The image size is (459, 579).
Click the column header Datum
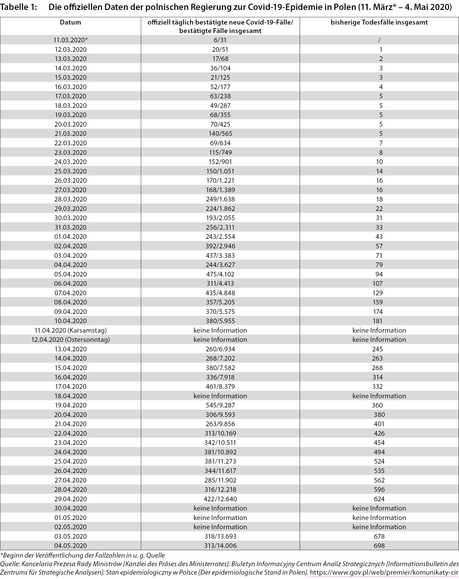click(x=70, y=22)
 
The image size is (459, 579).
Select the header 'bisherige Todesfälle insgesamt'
click(x=379, y=22)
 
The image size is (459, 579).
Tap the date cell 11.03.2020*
click(x=71, y=40)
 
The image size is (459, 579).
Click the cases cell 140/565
click(x=220, y=133)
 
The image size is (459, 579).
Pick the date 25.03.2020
click(x=71, y=171)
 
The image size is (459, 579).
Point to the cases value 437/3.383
click(x=220, y=255)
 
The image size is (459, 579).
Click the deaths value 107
click(x=377, y=283)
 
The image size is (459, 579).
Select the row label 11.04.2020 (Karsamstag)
click(x=71, y=330)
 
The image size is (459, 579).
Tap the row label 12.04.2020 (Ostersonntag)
click(x=71, y=339)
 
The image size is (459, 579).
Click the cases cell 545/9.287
click(x=220, y=405)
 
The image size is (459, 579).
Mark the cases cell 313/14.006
click(x=220, y=545)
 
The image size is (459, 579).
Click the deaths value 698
click(x=379, y=545)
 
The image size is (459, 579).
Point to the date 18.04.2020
click(x=71, y=396)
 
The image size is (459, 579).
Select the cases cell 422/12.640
click(x=220, y=499)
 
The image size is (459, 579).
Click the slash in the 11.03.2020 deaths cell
click(x=379, y=40)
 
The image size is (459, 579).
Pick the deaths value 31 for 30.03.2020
click(x=379, y=218)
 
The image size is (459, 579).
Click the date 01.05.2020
click(x=71, y=518)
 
